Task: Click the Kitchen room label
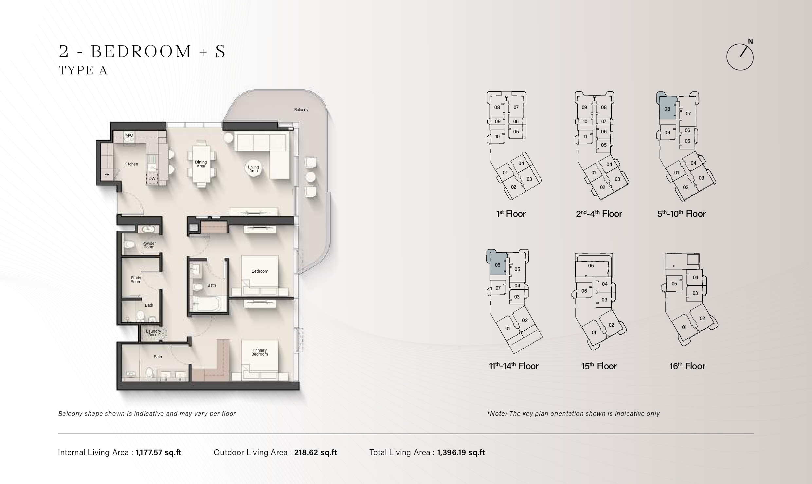[x=131, y=164]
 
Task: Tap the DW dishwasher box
[x=152, y=179]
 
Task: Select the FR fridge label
[x=107, y=175]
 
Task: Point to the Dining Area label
[x=201, y=164]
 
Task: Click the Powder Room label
[x=149, y=245]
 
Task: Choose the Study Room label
[x=136, y=280]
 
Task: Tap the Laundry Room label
[x=153, y=333]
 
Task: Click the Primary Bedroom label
[x=260, y=352]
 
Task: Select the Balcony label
[x=301, y=110]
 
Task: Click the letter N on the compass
[x=750, y=42]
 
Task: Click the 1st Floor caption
[x=511, y=214]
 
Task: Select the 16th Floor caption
[x=687, y=366]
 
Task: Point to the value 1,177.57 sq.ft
[x=158, y=453]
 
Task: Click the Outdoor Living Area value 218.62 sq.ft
[x=316, y=453]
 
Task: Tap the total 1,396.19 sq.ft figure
[x=461, y=453]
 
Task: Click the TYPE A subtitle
[x=83, y=70]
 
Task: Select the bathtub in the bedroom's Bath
[x=207, y=303]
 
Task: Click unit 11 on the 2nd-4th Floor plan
[x=585, y=137]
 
